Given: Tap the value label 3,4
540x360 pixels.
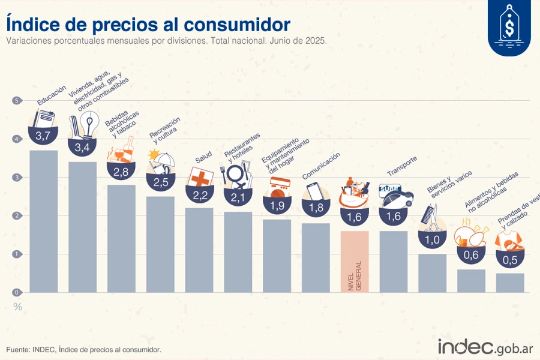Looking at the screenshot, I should click(82, 146).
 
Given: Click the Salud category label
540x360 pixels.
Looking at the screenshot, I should click(203, 160).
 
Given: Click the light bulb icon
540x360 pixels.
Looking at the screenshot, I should click(89, 123).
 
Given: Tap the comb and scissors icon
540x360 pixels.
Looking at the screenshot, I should click(432, 218).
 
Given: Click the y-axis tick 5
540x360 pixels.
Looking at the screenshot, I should click(17, 101).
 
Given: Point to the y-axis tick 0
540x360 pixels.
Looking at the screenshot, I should click(17, 292).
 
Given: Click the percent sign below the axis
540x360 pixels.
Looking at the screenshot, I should click(18, 307).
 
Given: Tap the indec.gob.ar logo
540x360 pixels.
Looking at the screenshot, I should click(485, 347).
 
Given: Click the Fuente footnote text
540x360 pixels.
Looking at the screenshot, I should click(83, 349).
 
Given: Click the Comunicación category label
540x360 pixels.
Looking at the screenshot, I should click(321, 165).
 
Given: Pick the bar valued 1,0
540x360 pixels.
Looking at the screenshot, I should click(432, 273).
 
